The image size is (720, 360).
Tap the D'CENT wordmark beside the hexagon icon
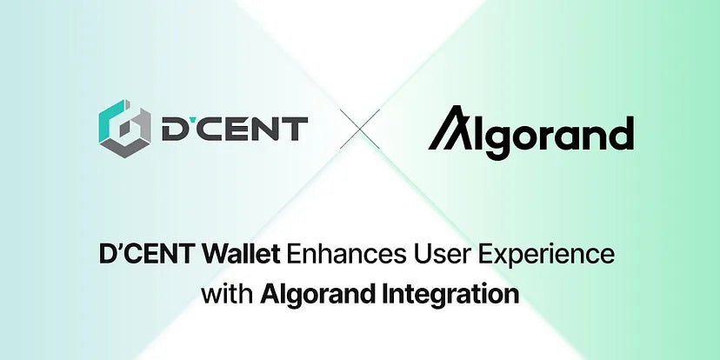(233, 129)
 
